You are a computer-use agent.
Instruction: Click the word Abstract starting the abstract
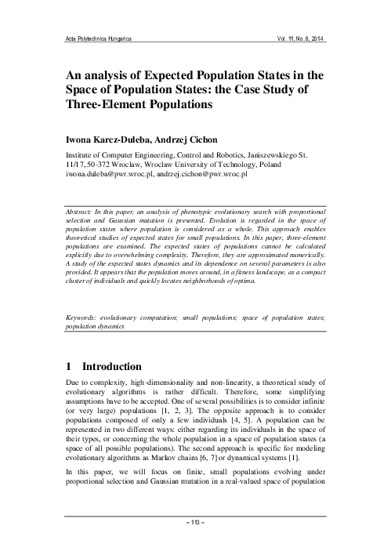[81, 212]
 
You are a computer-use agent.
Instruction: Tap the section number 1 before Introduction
[69, 366]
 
